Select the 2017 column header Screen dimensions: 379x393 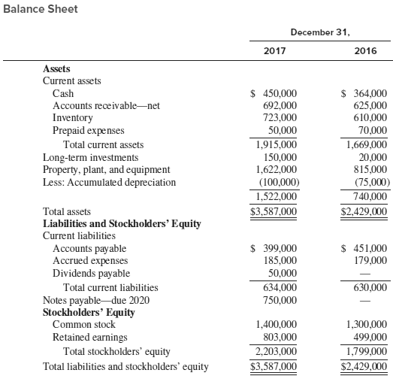coord(274,51)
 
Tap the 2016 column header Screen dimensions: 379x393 coord(364,51)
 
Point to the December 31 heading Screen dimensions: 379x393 coord(319,32)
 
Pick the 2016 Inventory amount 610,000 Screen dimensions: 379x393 coord(368,118)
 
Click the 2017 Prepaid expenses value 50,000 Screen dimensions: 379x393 coord(283,130)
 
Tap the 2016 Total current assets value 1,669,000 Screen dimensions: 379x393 coord(364,145)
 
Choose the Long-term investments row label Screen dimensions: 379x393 coord(91,157)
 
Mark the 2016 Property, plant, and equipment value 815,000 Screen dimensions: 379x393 coord(368,169)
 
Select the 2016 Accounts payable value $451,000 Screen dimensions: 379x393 coord(364,248)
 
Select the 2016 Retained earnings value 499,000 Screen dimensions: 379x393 coord(368,337)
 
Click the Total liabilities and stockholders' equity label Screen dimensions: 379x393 coord(125,366)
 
